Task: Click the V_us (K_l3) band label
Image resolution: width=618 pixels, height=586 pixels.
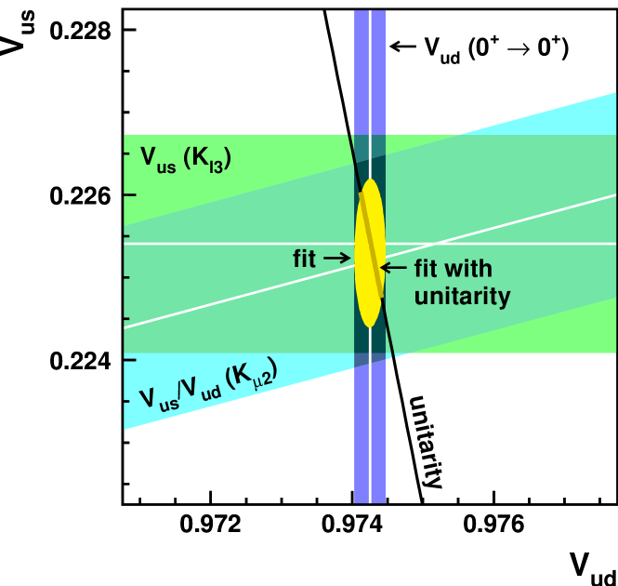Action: point(185,158)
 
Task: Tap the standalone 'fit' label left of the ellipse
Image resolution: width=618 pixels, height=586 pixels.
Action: point(305,259)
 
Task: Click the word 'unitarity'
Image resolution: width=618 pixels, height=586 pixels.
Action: point(462,297)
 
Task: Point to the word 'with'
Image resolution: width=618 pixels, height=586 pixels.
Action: point(468,270)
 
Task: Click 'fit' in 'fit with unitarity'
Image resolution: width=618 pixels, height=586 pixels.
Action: point(426,270)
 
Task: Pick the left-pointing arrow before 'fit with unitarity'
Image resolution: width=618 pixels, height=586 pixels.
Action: point(394,268)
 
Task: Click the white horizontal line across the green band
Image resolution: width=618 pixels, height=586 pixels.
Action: point(232,244)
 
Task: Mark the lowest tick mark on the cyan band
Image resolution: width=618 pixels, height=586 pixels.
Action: point(130,401)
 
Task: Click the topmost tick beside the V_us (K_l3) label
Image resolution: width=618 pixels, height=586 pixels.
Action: point(130,153)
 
